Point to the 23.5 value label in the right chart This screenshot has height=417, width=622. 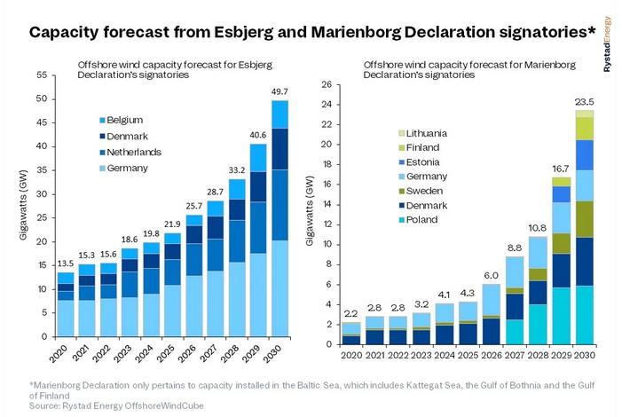[584, 100]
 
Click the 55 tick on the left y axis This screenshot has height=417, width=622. [41, 75]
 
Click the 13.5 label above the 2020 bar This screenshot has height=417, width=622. [66, 263]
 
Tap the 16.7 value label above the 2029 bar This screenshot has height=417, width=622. [559, 168]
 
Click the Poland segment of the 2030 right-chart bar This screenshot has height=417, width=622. [584, 311]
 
